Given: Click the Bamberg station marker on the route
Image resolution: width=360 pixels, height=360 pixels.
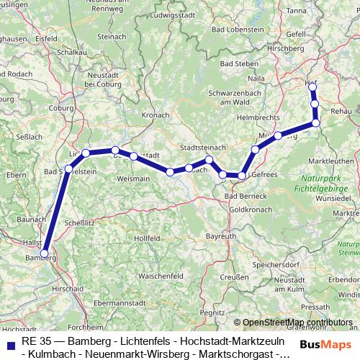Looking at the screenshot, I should point(45,253).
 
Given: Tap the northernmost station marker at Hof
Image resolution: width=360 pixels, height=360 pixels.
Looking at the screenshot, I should point(312,87).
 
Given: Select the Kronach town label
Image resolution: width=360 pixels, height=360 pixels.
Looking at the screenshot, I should point(156,114).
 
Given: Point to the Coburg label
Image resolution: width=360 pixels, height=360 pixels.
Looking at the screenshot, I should point(63,107).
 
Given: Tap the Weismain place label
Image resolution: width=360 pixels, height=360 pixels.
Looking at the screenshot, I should point(133,177).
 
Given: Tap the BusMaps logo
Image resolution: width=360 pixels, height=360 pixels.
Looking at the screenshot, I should point(326,344).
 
